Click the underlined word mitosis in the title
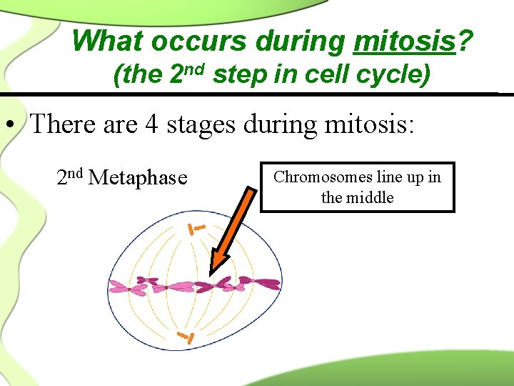[x=404, y=41]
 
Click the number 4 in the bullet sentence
[x=151, y=124]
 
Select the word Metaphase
[x=138, y=177]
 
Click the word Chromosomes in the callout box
[x=313, y=177]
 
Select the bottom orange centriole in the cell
[x=186, y=337]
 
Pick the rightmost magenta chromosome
[x=268, y=282]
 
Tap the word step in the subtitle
[x=238, y=74]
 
